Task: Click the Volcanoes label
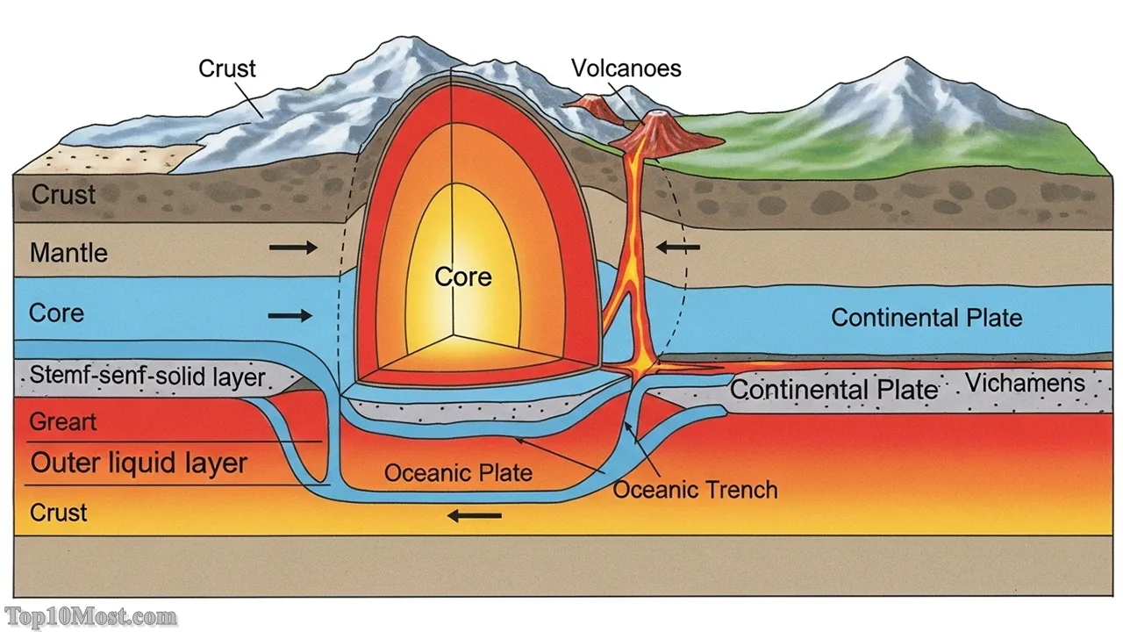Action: click(626, 68)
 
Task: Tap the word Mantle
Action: click(68, 254)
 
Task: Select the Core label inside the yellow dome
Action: click(463, 277)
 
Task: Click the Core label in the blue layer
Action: click(56, 313)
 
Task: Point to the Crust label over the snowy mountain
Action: click(227, 68)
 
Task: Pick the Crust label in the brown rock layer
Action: click(63, 194)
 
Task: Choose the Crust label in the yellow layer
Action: click(59, 513)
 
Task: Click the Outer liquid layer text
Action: click(139, 463)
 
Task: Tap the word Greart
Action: click(62, 422)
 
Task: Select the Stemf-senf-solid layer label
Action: click(147, 377)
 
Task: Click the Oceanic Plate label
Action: click(458, 474)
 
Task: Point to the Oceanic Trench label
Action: click(695, 490)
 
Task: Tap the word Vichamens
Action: click(1025, 384)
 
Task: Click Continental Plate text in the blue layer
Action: click(926, 318)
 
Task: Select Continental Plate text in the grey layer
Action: click(834, 390)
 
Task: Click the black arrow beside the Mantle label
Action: click(293, 248)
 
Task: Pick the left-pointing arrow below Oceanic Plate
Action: click(475, 515)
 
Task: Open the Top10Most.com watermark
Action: click(90, 617)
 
